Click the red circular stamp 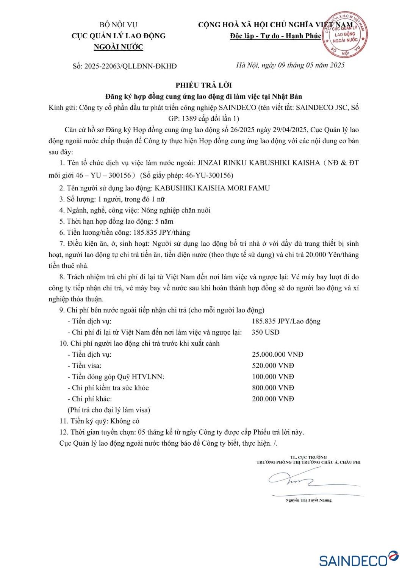(x=345, y=35)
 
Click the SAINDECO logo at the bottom (x=358, y=559)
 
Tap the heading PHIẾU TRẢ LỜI (x=203, y=85)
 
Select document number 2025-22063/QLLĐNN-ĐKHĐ (x=125, y=66)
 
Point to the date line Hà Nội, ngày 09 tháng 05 (x=290, y=65)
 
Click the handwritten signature (x=292, y=480)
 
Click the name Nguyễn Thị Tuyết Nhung (x=308, y=500)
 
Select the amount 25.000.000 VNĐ (x=277, y=354)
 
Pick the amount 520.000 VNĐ (x=273, y=365)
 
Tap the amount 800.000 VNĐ (x=273, y=388)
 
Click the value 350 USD (x=265, y=332)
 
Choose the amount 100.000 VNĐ (x=273, y=376)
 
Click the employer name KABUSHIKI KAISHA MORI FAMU (x=212, y=188)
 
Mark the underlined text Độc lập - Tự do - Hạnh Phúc (x=275, y=36)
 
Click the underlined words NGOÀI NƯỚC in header (x=119, y=47)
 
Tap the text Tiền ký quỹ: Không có (x=99, y=421)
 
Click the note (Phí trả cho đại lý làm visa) (x=109, y=410)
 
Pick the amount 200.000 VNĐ (x=273, y=399)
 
